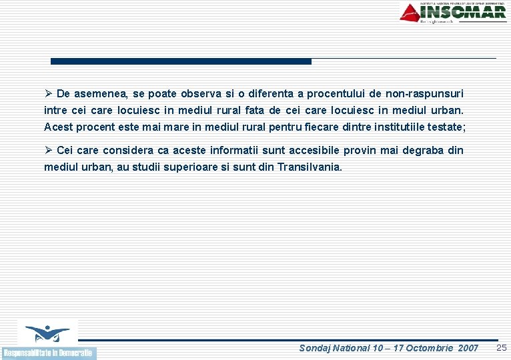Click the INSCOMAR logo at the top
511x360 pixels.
454,13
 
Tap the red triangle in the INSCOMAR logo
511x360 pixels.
410,12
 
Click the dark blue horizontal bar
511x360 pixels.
181,61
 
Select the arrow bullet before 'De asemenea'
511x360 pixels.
48,94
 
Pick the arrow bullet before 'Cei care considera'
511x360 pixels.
48,151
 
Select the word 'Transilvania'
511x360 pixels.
309,167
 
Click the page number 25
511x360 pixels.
502,347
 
